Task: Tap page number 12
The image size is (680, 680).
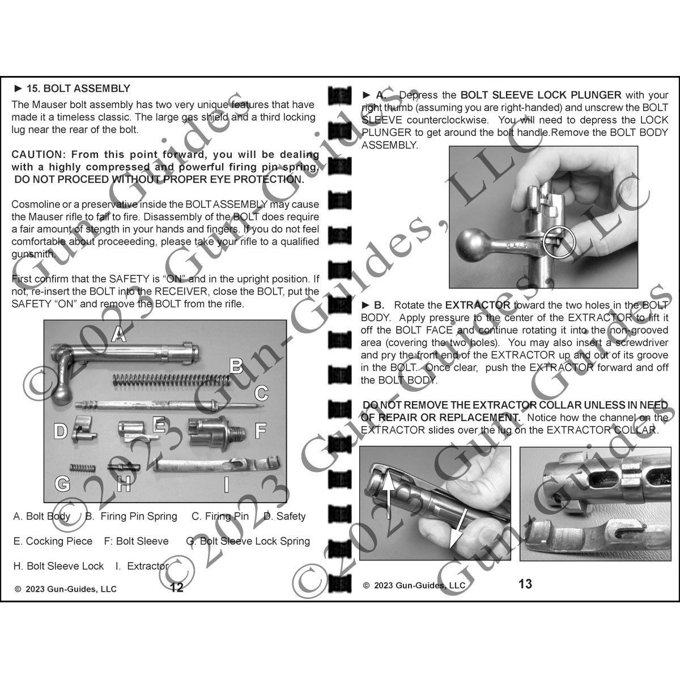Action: point(177,588)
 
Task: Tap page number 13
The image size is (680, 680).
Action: point(525,584)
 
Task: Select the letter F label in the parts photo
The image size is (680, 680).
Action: point(260,431)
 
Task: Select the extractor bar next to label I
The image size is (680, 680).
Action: point(215,466)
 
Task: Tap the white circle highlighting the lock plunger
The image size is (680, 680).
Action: point(559,242)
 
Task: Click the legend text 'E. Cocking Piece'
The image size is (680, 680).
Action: point(53,541)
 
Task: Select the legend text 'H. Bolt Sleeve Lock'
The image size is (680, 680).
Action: point(58,566)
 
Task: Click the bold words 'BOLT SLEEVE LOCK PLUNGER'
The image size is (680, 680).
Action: point(541,95)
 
